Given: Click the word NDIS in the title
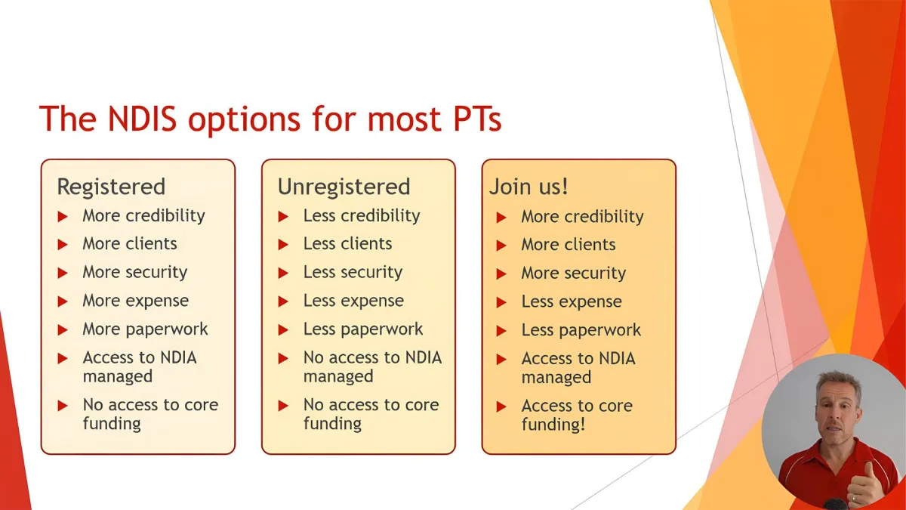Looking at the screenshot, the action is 143,119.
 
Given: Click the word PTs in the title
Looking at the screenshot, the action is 477,119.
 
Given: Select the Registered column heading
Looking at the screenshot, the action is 111,187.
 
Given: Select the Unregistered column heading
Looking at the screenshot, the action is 344,187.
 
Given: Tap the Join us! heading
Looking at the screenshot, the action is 528,187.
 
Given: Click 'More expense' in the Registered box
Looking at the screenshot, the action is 135,301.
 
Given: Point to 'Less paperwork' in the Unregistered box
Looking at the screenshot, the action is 363,329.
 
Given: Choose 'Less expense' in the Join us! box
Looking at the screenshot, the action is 571,301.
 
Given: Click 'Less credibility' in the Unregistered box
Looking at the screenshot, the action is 362,216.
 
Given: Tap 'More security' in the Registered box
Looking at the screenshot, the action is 135,273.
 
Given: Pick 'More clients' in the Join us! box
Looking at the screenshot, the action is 569,245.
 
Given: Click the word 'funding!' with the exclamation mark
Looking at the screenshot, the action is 553,425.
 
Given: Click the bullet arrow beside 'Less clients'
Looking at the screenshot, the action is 283,245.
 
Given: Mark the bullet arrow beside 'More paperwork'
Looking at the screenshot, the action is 63,330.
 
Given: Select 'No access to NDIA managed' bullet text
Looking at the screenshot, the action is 372,366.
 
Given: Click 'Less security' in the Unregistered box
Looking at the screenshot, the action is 353,273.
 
